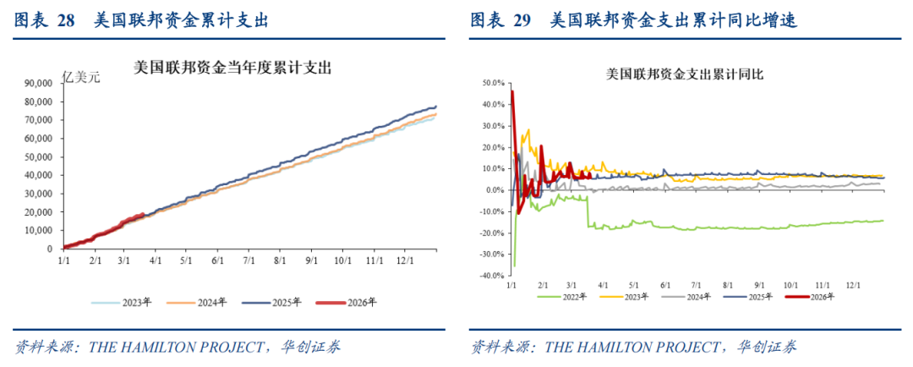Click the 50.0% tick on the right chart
click(491, 84)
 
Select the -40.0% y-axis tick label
click(489, 276)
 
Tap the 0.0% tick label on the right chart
click(493, 190)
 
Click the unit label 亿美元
click(82, 78)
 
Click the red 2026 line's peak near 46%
click(512, 91)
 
